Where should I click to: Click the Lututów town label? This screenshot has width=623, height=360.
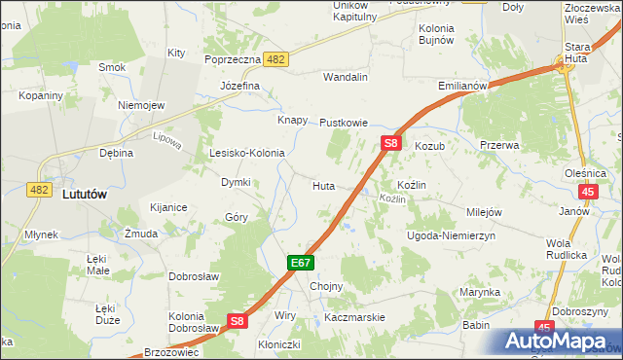83,194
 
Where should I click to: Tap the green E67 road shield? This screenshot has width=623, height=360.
300,264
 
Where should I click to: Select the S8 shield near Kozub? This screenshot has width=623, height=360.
390,143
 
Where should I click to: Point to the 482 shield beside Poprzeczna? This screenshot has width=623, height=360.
275,59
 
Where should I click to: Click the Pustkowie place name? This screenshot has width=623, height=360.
344,124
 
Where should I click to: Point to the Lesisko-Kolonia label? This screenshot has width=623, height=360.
247,153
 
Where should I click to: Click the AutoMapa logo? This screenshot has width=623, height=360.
561,342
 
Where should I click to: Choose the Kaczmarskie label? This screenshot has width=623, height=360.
355,317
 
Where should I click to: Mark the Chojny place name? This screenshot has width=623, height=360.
325,287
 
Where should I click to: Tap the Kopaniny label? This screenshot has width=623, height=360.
40,95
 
